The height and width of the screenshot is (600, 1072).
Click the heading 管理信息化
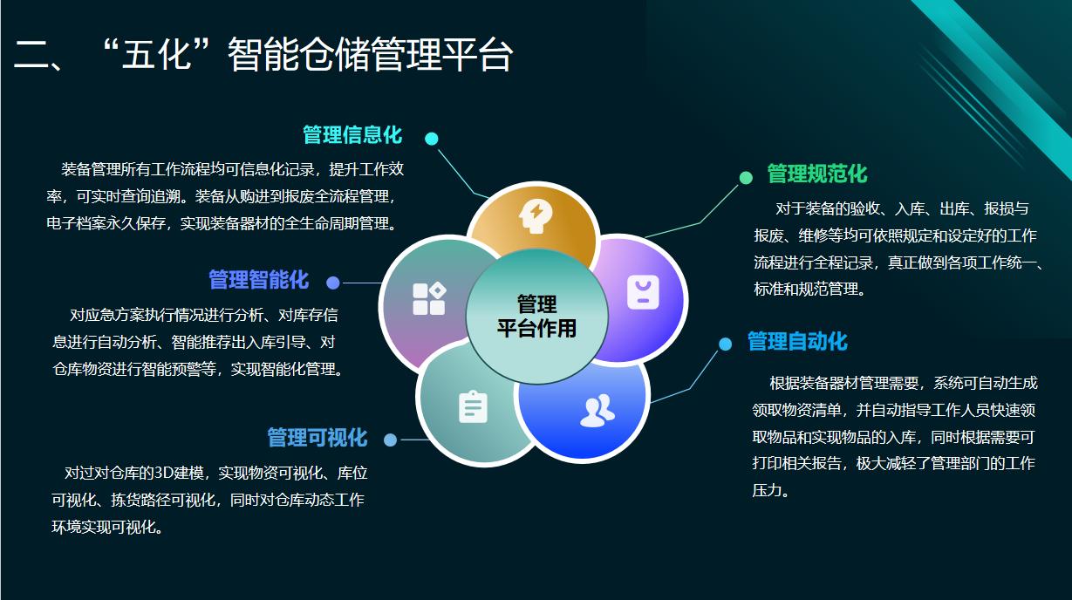coord(352,135)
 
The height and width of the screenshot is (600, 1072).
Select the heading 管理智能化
coord(258,280)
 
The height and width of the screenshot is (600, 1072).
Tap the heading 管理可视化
coord(317,437)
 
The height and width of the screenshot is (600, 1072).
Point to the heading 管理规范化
coord(817,174)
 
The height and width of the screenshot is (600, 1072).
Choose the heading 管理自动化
coord(797,342)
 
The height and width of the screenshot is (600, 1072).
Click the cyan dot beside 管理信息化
coord(431,139)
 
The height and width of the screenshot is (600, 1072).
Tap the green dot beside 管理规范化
coord(746,178)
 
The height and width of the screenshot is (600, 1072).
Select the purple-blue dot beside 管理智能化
coord(332,283)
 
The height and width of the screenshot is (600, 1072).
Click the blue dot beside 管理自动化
coord(725,344)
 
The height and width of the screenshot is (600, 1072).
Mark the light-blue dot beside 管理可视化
coord(390,440)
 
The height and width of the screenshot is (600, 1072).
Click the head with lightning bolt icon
coord(536,216)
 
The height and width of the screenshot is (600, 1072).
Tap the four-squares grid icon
coord(429,299)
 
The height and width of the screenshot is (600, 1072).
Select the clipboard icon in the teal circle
coord(473,407)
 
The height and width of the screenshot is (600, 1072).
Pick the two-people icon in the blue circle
coord(597,411)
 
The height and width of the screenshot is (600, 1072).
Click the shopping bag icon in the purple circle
coord(643,292)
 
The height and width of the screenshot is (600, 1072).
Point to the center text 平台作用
coord(536,329)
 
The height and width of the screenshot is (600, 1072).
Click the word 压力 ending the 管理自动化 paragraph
coord(767,490)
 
